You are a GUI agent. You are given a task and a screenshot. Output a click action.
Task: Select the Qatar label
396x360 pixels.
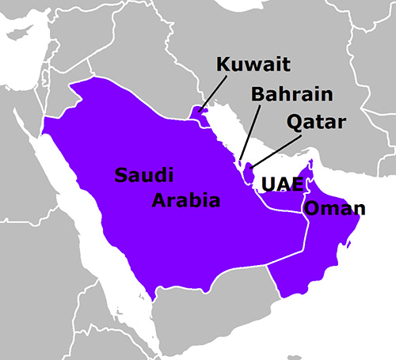point(318,123)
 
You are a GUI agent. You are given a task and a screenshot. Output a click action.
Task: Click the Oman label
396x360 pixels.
point(335,210)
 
